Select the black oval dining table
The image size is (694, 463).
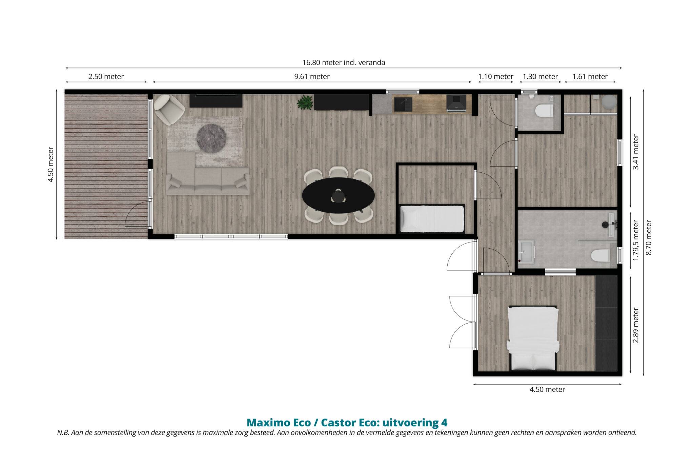point(339,196)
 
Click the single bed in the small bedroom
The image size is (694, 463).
point(432,218)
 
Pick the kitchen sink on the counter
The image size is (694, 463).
point(403,104)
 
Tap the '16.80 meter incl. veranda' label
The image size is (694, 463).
point(344,62)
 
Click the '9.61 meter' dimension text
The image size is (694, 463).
point(312,77)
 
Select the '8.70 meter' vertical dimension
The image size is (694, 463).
point(649,237)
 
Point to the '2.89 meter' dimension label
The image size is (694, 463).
point(636,325)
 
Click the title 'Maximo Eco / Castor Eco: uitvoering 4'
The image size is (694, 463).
point(347,423)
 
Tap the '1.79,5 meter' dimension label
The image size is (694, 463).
point(636,240)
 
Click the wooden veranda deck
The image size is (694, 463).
point(106,166)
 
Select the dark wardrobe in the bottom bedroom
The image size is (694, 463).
point(607,323)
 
